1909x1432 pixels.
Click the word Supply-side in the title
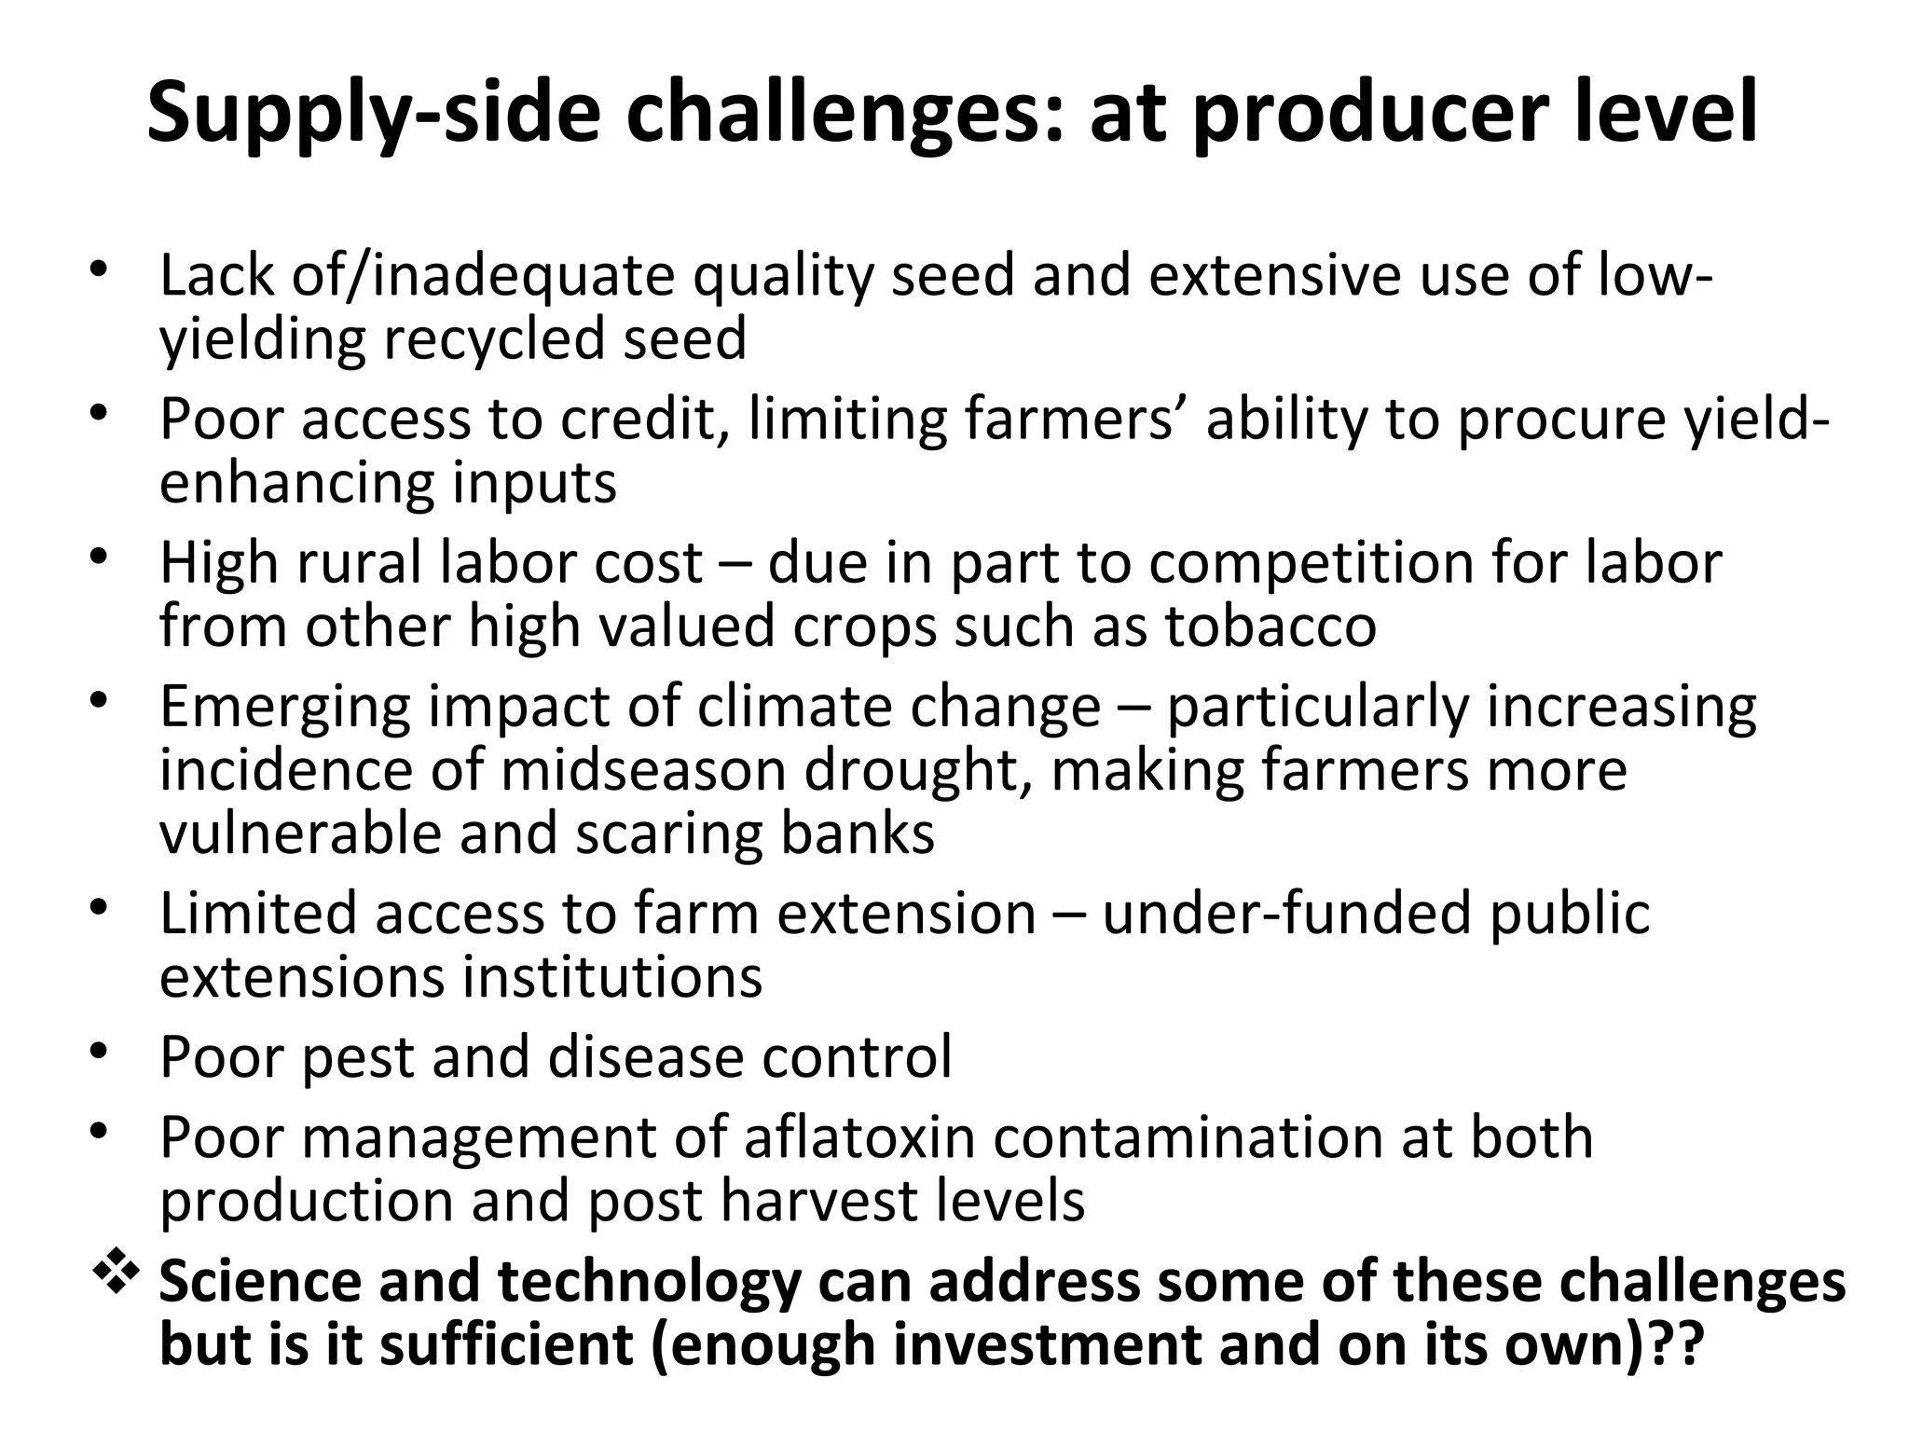click(373, 114)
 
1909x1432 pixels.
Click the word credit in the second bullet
click(643, 420)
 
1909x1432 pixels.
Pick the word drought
click(917, 770)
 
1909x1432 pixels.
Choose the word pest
click(359, 1057)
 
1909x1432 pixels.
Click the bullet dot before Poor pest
click(101, 1053)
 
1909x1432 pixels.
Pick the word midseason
click(644, 770)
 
